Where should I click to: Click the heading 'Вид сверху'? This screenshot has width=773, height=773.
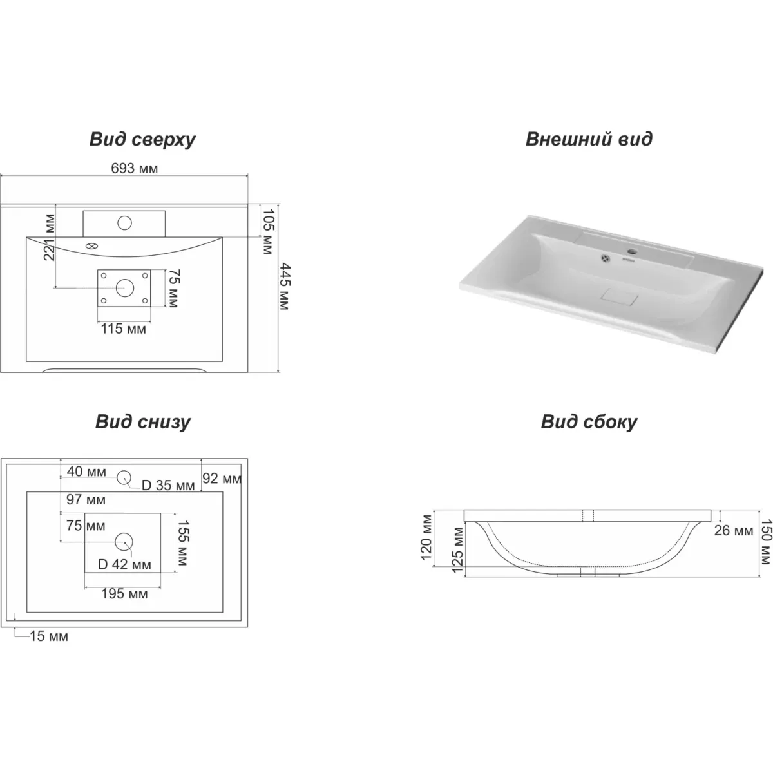pos(142,140)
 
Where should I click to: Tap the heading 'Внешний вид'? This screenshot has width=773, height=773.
pos(589,139)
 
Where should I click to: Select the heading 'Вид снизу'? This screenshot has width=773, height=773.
pos(143,422)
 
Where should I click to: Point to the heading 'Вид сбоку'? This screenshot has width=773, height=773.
pos(589,422)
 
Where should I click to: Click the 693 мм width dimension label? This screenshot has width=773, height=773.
pos(135,169)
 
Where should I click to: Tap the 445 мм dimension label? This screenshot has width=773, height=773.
pos(285,287)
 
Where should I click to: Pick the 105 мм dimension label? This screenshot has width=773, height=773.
pos(267,231)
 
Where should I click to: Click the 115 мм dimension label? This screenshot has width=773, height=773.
pos(123,329)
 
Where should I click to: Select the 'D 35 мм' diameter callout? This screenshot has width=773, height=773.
pos(168,486)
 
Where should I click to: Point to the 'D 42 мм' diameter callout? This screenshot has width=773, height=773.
pos(124,565)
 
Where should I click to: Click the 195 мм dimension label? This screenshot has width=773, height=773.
pos(124,594)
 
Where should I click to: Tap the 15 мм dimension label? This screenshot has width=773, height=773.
pos(49,636)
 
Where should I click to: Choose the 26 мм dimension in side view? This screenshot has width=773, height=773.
pos(734,530)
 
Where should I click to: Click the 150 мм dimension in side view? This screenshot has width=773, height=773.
pos(766,542)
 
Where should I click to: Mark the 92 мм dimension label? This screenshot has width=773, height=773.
pos(222,479)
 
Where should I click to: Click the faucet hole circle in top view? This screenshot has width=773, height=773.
pos(125,223)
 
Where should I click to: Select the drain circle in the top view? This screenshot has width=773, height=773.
pos(125,287)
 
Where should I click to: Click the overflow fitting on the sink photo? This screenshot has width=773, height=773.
pos(605,259)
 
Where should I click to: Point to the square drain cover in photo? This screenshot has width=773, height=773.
pos(619,296)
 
